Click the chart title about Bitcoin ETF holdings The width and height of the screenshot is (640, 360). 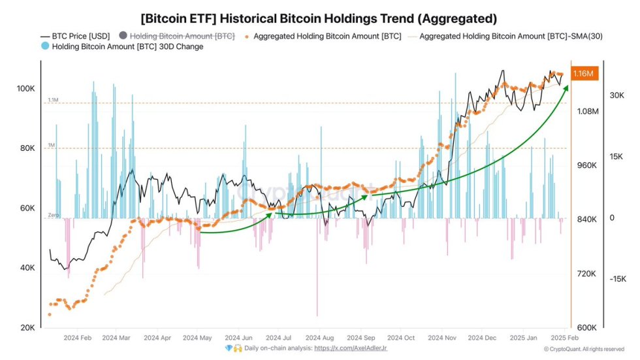pos(319,18)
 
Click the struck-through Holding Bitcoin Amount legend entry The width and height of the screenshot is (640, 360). pos(178,36)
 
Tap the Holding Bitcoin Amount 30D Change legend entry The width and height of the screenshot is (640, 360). pos(127,47)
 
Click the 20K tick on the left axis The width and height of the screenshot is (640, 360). pos(27,327)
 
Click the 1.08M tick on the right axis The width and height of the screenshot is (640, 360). pos(588,111)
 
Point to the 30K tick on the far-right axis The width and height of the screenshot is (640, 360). pos(617,95)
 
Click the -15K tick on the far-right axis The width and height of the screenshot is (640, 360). pos(617,279)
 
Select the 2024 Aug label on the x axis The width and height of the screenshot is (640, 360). pos(319,338)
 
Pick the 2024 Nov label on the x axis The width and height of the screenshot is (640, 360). pos(441,338)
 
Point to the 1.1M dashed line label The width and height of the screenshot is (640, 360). pos(53,100)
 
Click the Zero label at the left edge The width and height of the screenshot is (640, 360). pos(53,216)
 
